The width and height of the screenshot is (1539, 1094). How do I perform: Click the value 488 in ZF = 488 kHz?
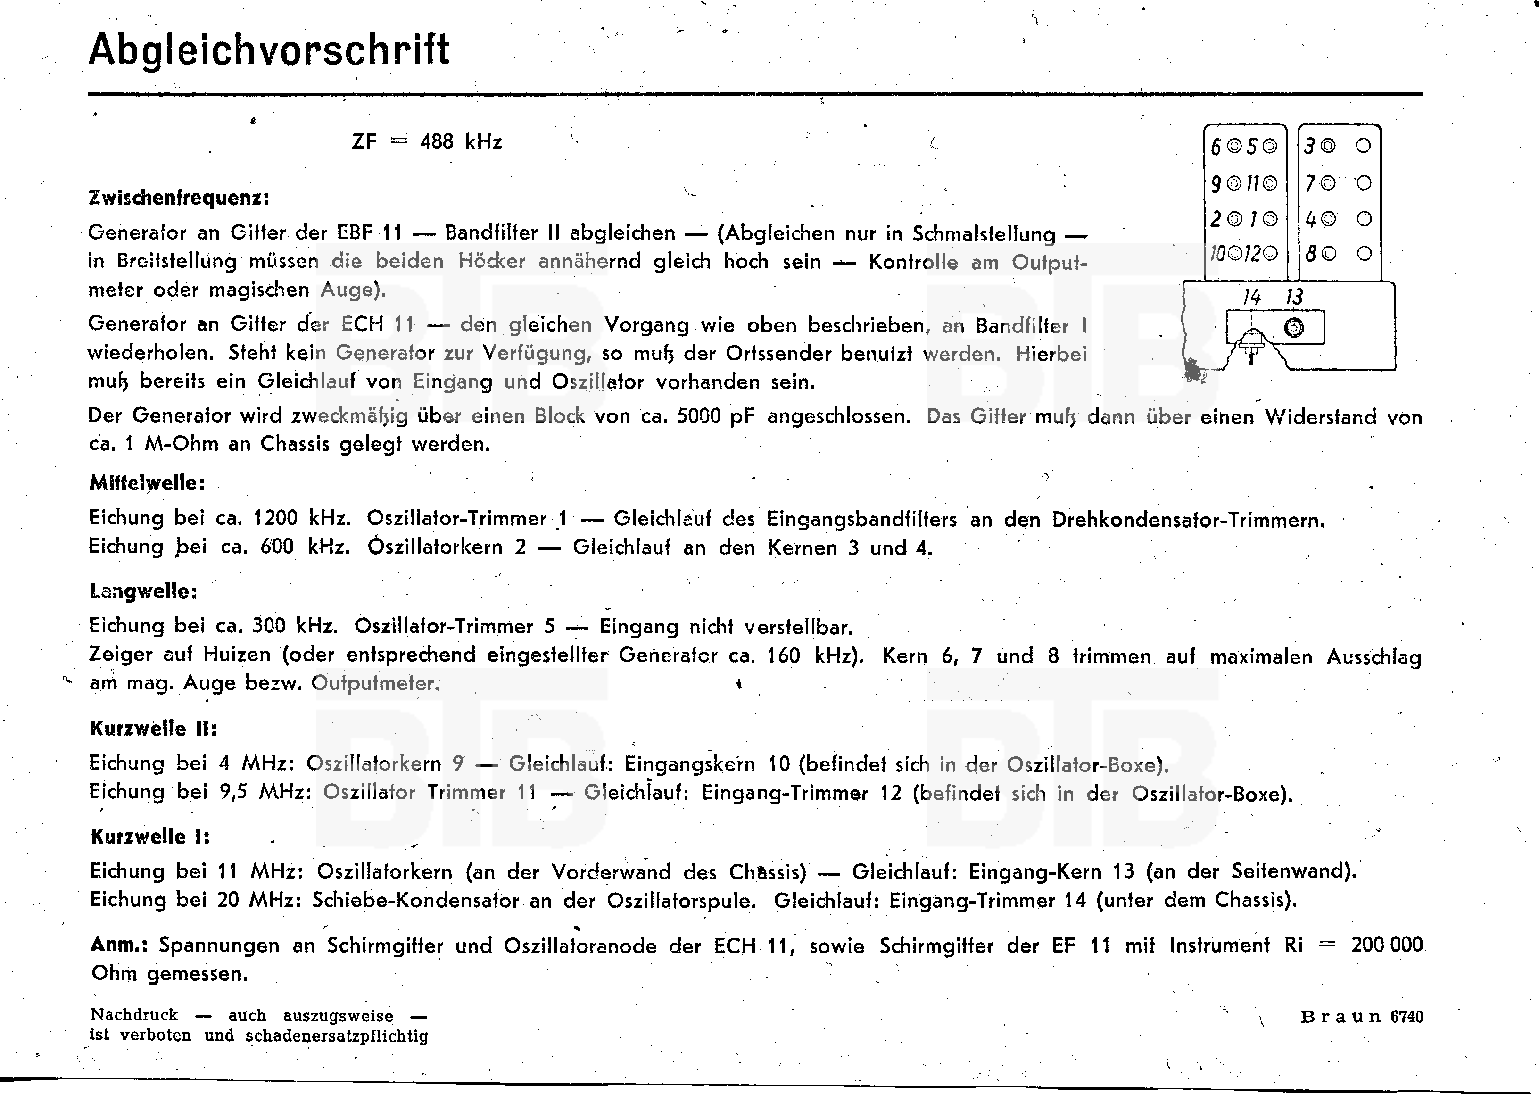(437, 142)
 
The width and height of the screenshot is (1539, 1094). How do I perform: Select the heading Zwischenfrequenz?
(179, 198)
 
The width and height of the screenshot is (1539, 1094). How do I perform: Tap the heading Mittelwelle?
(147, 483)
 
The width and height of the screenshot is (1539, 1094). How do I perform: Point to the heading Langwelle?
(143, 591)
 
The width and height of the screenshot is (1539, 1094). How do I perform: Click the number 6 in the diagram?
(1216, 147)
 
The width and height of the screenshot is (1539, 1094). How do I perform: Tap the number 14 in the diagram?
(1251, 297)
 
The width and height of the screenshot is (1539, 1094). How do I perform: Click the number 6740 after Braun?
(1407, 1017)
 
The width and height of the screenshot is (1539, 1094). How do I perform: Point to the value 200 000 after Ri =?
(1387, 945)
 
